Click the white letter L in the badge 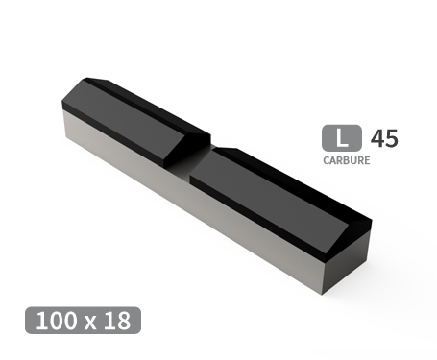click(x=341, y=138)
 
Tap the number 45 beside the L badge click(x=383, y=138)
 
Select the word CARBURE click(x=346, y=161)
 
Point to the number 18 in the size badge click(x=118, y=321)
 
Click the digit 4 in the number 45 click(x=376, y=138)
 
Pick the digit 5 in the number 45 click(x=390, y=138)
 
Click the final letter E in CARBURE click(x=366, y=161)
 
